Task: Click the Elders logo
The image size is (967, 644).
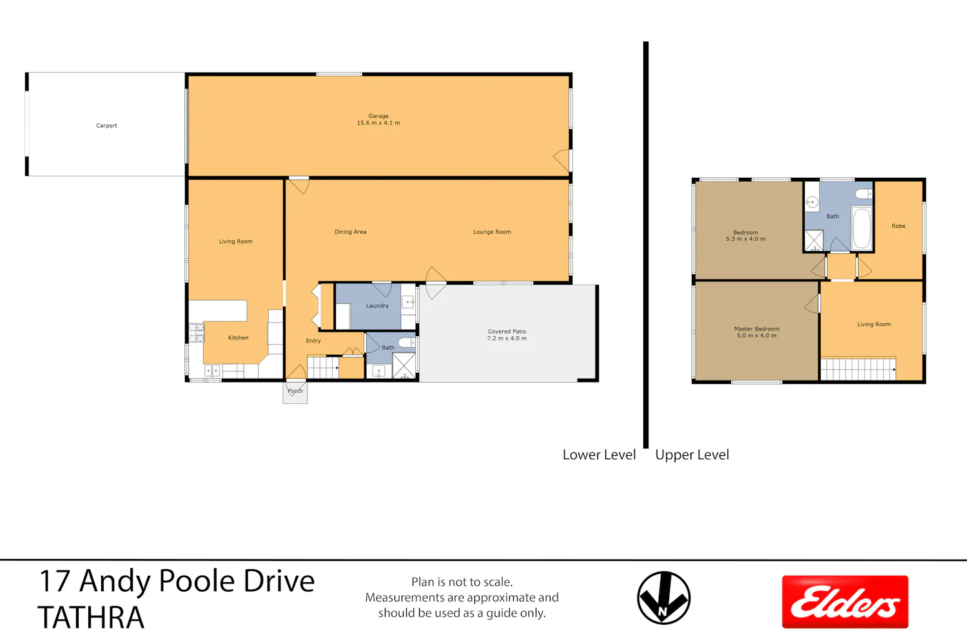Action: [845, 601]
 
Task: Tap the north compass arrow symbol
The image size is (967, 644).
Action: [663, 598]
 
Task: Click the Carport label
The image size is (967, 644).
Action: [106, 126]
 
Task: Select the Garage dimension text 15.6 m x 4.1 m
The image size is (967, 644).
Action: [378, 123]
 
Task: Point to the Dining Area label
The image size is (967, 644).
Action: [350, 232]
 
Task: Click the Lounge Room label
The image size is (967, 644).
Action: [492, 232]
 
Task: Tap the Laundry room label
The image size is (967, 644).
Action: [377, 306]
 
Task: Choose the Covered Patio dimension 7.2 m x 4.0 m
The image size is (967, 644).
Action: [507, 339]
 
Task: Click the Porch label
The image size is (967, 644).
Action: [295, 391]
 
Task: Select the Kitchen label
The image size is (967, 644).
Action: [239, 337]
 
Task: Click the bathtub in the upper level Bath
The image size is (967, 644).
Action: [862, 228]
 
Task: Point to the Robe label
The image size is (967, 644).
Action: [899, 226]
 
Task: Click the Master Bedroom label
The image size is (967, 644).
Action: [757, 329]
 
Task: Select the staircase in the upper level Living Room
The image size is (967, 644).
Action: [858, 369]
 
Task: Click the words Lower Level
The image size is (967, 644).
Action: [599, 455]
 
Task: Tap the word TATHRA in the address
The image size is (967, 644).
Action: [91, 617]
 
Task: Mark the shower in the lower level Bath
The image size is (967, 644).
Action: [404, 365]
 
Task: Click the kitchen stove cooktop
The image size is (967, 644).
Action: [197, 332]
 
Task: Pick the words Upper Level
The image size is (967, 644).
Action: [692, 455]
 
